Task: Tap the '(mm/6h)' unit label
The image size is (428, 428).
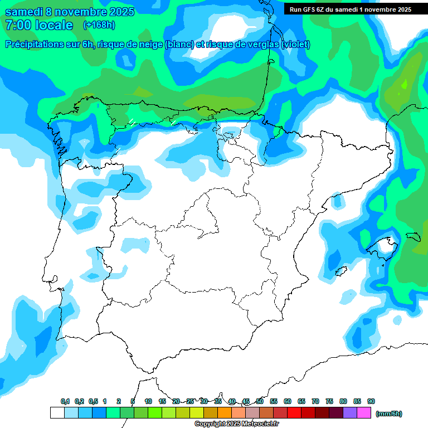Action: click(388, 414)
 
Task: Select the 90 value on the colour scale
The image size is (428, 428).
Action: click(371, 402)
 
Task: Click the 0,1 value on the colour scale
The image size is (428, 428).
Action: click(65, 402)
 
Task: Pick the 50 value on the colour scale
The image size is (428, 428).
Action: click(260, 402)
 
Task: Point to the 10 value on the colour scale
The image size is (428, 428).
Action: click(148, 402)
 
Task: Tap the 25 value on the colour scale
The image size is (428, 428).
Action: click(190, 402)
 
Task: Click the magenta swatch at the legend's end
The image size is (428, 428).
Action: click(364, 413)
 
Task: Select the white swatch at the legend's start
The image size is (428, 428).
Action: click(57, 413)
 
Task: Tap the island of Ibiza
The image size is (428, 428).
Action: click(342, 271)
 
